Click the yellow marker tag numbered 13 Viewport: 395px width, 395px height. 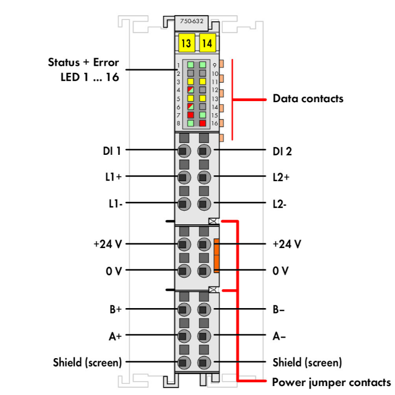[x=186, y=44]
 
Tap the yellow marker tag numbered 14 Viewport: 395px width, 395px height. [x=207, y=44]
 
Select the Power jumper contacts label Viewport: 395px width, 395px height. [x=331, y=381]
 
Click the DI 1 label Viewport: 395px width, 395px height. [x=112, y=151]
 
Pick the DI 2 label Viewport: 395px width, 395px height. [x=282, y=151]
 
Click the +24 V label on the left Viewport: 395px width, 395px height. [x=107, y=244]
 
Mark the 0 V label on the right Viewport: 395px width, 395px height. [x=281, y=271]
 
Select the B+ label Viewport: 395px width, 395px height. [x=115, y=310]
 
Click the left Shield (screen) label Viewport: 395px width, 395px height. [x=87, y=362]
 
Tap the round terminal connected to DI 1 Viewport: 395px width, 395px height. [x=184, y=151]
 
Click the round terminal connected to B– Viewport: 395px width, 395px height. [x=204, y=310]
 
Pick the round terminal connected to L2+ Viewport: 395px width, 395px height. [x=204, y=177]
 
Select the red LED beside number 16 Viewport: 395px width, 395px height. [x=202, y=123]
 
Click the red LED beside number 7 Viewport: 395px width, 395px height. [x=191, y=115]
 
